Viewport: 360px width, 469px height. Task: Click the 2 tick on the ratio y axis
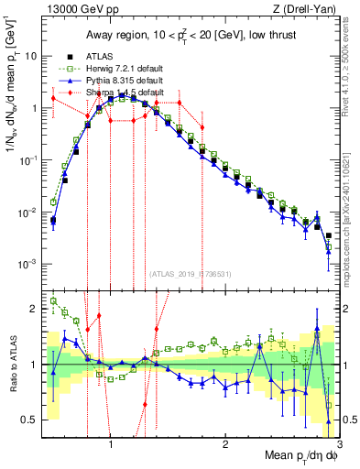click(x=33, y=309)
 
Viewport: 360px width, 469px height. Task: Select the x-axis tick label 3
click(x=338, y=447)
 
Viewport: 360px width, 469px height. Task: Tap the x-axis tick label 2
click(x=225, y=447)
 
